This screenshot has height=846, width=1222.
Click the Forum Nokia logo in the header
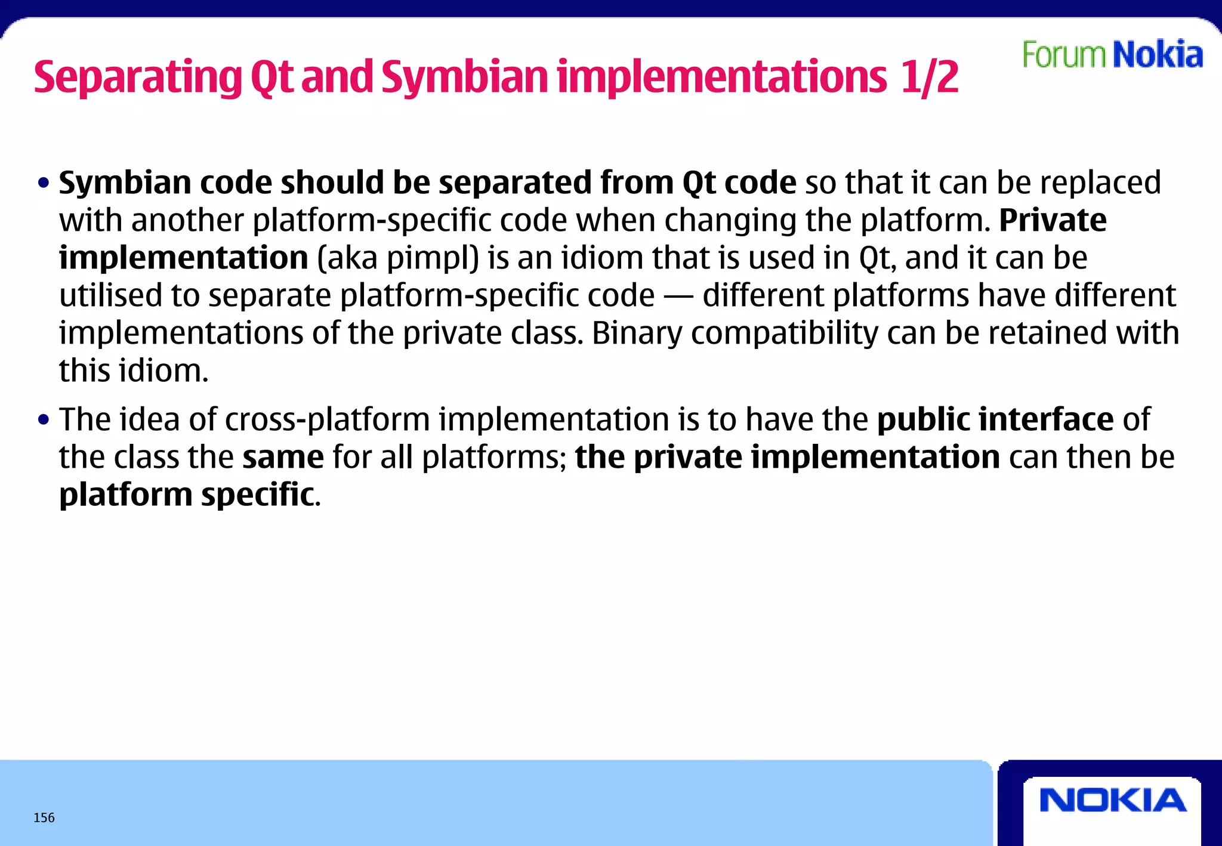(x=1112, y=55)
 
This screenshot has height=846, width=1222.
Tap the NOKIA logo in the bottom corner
(x=1113, y=800)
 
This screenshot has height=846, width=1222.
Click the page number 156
(x=44, y=818)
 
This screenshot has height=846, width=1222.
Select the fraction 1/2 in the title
(x=929, y=78)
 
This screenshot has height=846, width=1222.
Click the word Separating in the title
(x=138, y=78)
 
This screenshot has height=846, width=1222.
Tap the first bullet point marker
(x=43, y=184)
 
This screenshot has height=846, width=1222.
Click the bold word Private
(x=1053, y=220)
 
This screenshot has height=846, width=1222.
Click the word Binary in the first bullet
(x=637, y=334)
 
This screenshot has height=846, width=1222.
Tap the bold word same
(x=283, y=458)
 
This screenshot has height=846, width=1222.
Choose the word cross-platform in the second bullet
(x=327, y=419)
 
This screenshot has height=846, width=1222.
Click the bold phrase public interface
(x=995, y=419)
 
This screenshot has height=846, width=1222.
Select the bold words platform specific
(x=186, y=495)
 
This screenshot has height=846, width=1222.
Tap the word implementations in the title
(x=722, y=78)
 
